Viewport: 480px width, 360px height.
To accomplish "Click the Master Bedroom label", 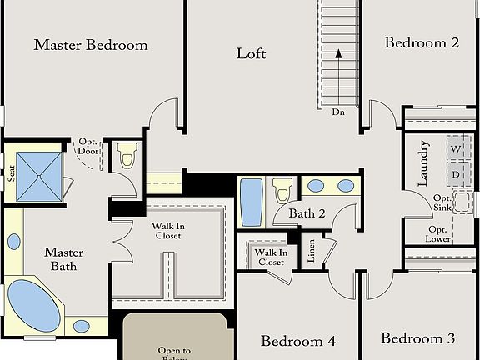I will coord(91,45).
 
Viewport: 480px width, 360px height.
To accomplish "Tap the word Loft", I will coord(251,53).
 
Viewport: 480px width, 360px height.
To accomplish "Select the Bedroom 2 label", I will coord(422,43).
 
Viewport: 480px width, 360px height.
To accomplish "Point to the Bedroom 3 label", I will coord(418,338).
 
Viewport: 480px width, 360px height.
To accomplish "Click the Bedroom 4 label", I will coord(298,341).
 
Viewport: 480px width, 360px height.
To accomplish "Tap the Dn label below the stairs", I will coord(338,112).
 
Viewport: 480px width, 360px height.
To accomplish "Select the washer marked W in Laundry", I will coord(456,149).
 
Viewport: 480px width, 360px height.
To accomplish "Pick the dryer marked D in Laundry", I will coord(456,174).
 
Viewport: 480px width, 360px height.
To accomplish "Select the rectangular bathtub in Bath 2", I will coord(252,202).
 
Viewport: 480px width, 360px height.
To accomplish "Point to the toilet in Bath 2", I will coord(282,191).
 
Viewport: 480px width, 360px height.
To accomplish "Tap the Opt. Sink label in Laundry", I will coord(442,202).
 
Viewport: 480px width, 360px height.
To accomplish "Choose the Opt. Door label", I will coord(87,147).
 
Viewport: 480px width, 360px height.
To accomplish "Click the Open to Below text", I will coord(175,352).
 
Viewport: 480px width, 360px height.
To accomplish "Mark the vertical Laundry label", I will coord(422,162).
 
